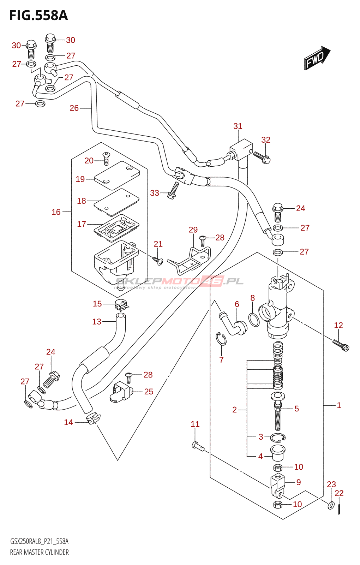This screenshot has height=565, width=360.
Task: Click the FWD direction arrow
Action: click(x=316, y=58)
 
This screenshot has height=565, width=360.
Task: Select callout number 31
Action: click(x=238, y=126)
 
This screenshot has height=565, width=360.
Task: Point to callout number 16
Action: click(x=56, y=212)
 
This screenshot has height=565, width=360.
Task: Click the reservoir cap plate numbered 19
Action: click(x=117, y=175)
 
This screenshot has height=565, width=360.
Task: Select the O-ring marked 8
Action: click(x=254, y=319)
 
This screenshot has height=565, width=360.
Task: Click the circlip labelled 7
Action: click(x=221, y=339)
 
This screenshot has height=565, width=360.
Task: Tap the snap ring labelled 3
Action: click(x=278, y=438)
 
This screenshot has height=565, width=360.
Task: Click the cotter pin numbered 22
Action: click(x=339, y=509)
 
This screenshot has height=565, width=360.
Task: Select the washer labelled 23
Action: click(x=331, y=505)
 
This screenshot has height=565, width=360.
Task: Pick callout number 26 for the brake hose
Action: click(x=74, y=108)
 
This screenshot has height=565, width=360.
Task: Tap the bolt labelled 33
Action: click(x=173, y=191)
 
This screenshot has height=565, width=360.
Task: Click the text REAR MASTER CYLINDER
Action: click(x=39, y=552)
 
